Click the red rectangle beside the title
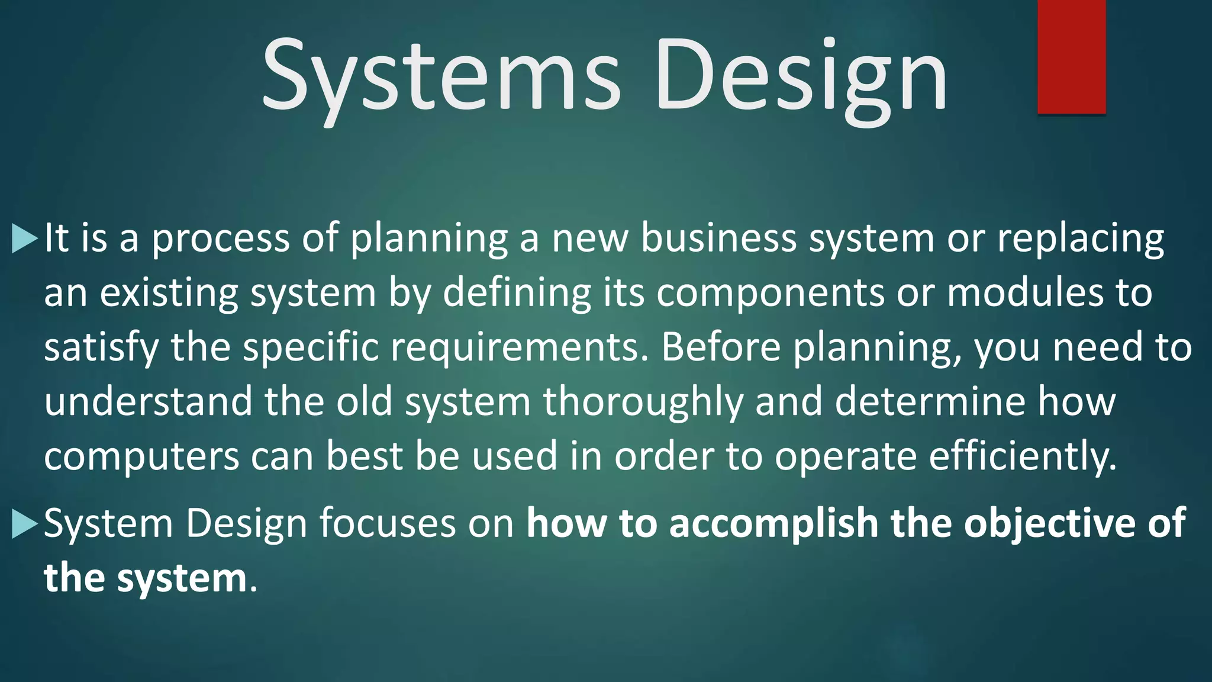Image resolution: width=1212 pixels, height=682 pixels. click(x=1071, y=56)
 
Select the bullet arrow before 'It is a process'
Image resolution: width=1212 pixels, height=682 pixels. click(x=24, y=238)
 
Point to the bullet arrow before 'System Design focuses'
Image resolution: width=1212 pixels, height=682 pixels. click(x=24, y=523)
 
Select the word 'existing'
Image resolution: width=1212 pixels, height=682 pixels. click(x=169, y=293)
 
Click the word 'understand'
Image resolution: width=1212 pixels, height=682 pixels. click(x=148, y=402)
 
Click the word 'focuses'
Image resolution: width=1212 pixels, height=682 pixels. click(x=387, y=523)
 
